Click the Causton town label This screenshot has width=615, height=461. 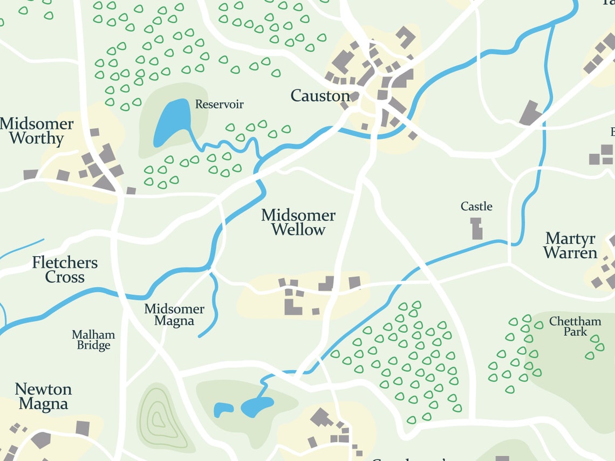click(x=320, y=96)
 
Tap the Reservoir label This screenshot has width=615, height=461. click(x=219, y=104)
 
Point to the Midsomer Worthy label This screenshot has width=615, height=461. click(x=37, y=131)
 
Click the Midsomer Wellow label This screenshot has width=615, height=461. click(x=298, y=222)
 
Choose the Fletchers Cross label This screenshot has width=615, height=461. click(x=65, y=270)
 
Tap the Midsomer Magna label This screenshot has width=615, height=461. click(x=174, y=315)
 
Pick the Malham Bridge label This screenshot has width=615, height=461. click(x=93, y=340)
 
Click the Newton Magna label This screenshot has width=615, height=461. click(x=43, y=396)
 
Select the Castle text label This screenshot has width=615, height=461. click(x=476, y=207)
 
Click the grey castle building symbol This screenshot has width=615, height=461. click(x=476, y=229)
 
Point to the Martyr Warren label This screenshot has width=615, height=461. click(x=570, y=245)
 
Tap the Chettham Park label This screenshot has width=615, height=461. click(x=575, y=326)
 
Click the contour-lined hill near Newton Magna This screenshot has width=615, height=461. click(x=158, y=417)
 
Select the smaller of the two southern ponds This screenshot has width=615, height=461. click(x=223, y=409)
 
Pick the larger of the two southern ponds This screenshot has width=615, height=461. click(x=257, y=406)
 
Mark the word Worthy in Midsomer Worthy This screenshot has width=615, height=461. click(x=37, y=139)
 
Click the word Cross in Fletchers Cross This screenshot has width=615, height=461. click(x=65, y=277)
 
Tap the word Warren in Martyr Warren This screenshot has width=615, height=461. click(x=570, y=253)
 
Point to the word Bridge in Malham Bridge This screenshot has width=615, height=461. click(x=93, y=346)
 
